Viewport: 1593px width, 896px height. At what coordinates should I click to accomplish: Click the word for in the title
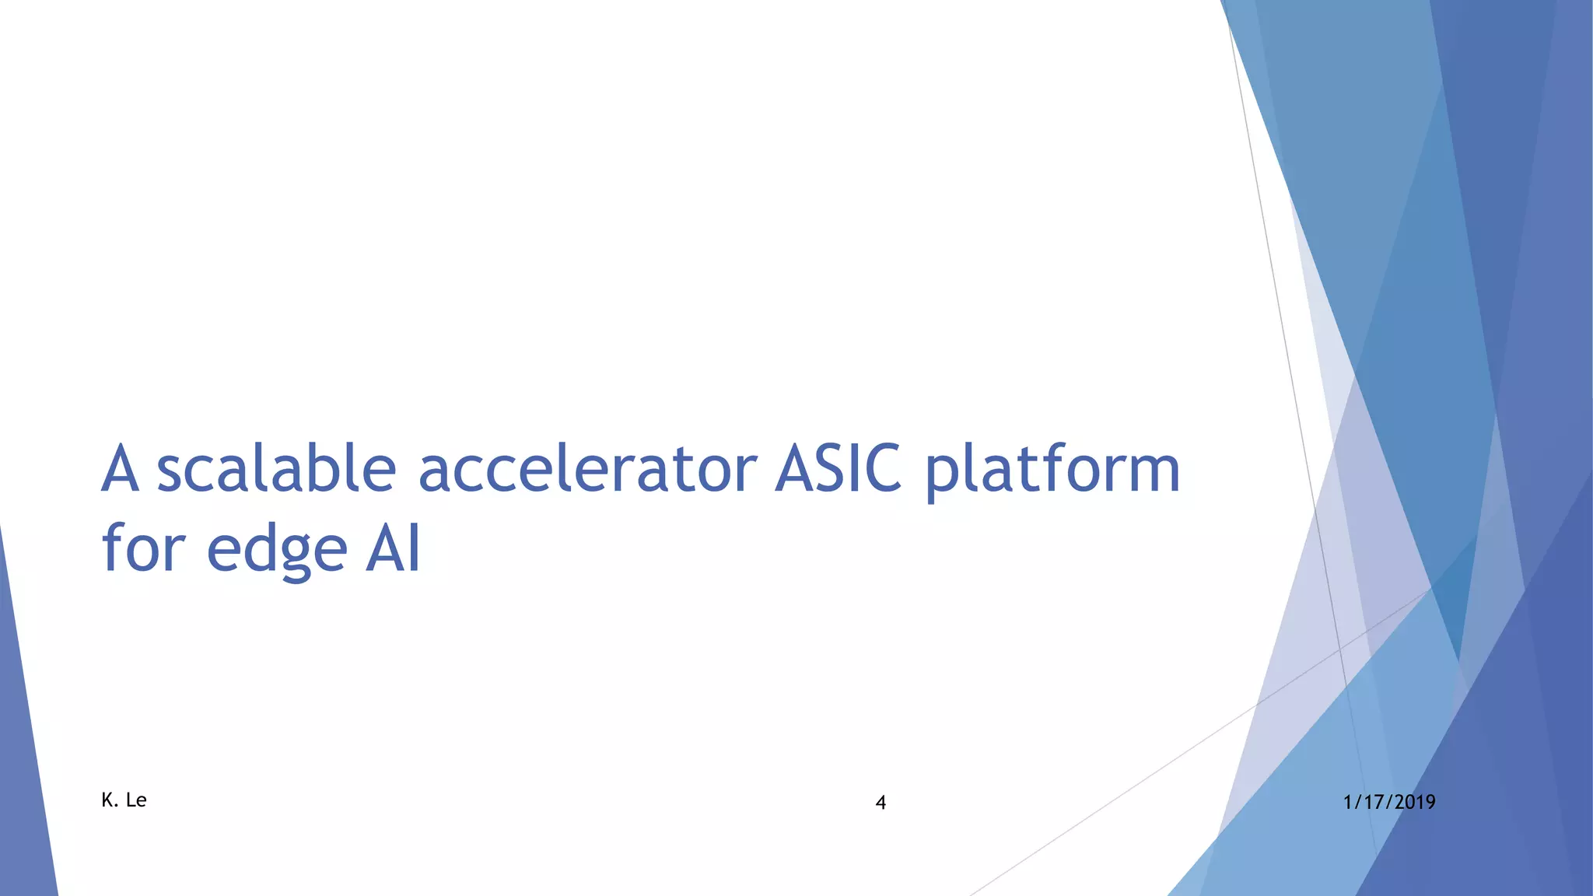click(144, 548)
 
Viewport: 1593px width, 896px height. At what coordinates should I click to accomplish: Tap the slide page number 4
click(881, 803)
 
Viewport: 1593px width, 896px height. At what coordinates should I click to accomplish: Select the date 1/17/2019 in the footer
click(1389, 802)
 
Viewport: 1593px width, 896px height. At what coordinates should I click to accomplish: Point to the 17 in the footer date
click(1372, 802)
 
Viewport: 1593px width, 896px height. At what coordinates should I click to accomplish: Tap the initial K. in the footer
click(110, 800)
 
